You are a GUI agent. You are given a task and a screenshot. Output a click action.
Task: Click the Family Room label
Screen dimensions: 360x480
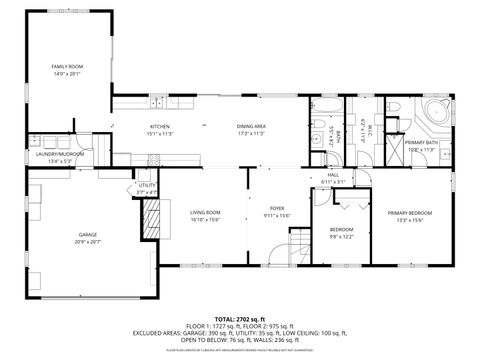pyautogui.click(x=68, y=66)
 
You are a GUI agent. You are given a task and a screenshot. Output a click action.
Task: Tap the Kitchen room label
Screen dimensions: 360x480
pyautogui.click(x=161, y=127)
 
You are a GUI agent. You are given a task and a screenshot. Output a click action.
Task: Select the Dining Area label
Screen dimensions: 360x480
pyautogui.click(x=251, y=127)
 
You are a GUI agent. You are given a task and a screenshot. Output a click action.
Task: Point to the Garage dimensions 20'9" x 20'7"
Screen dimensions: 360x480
pyautogui.click(x=87, y=241)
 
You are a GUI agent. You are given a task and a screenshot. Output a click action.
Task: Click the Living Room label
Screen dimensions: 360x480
pyautogui.click(x=205, y=212)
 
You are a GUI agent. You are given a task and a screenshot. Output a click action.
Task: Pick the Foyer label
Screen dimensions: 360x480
pyautogui.click(x=276, y=212)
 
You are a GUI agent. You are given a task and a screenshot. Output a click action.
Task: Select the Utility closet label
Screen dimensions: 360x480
pyautogui.click(x=147, y=186)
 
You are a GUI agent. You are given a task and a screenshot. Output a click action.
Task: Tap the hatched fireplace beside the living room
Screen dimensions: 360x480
pyautogui.click(x=153, y=218)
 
